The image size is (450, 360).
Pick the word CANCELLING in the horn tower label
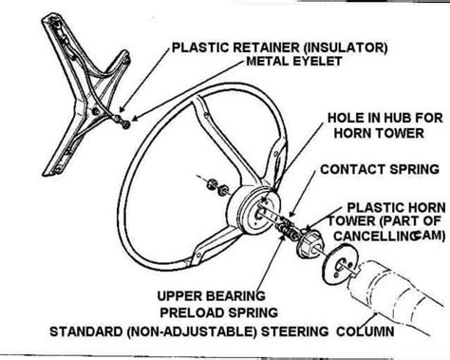tap(376, 236)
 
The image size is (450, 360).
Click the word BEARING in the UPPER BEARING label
tap(234, 296)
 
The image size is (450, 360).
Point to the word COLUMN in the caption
tap(366, 332)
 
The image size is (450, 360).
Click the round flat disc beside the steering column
tap(339, 265)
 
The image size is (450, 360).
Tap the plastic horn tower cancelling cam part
tap(309, 245)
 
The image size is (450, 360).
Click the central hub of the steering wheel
tap(255, 211)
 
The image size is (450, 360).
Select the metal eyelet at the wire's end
tap(126, 124)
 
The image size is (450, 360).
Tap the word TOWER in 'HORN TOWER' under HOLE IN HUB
tap(400, 133)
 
